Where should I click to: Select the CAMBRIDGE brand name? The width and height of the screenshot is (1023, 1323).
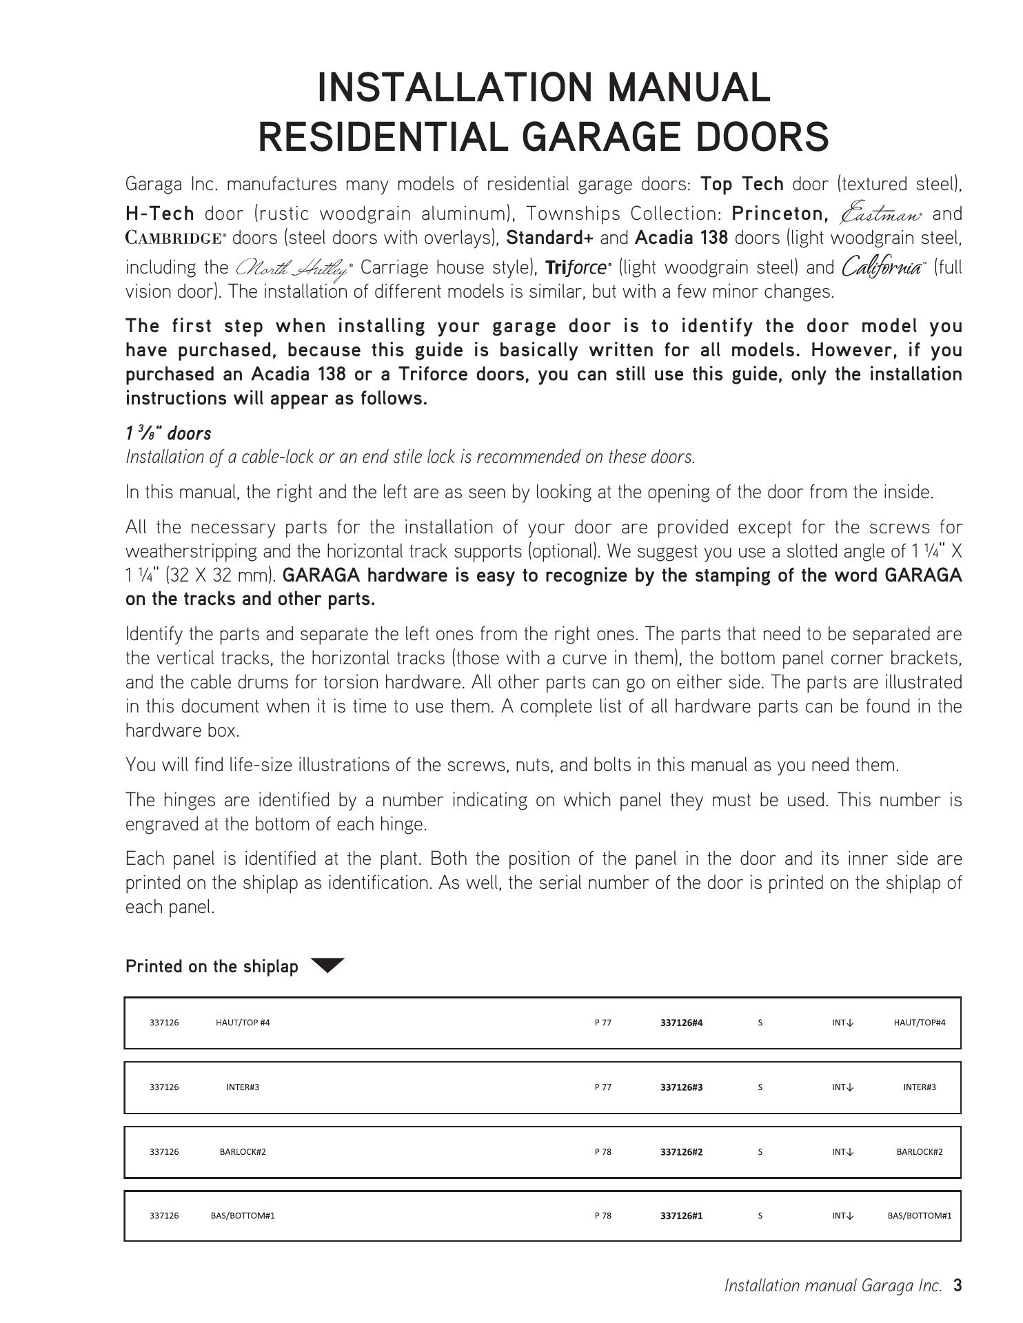coord(175,238)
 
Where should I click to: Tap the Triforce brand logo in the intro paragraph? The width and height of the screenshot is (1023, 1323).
coord(578,267)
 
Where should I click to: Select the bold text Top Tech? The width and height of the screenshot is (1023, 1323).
coord(742,184)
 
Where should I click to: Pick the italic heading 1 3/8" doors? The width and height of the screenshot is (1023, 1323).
coord(168,433)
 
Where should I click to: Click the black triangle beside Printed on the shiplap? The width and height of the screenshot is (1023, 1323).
coord(327,965)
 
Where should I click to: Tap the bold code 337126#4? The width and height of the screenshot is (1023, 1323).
coord(681,1023)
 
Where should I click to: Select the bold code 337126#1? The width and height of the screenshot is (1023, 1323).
coord(681,1216)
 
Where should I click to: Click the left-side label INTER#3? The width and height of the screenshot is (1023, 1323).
coord(243,1087)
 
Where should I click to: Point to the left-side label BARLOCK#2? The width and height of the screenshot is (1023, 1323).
coord(243,1151)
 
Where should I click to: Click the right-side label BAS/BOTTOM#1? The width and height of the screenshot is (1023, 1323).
coord(919,1216)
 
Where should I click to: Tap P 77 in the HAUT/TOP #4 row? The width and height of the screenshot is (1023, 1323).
coord(602,1023)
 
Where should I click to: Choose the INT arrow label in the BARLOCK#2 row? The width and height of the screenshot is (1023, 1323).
coord(842,1151)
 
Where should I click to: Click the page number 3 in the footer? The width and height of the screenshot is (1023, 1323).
coord(957,1285)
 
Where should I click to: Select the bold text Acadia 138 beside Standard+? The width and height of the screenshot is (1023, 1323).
coord(681,238)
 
